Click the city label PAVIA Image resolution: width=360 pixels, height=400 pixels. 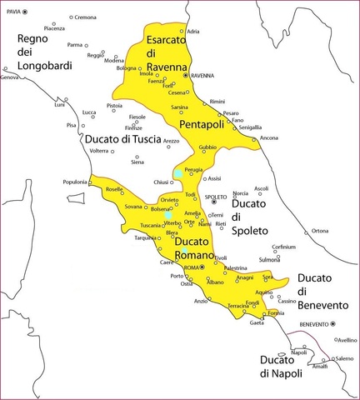click(x=11, y=12)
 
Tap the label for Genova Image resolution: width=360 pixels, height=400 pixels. click(x=9, y=77)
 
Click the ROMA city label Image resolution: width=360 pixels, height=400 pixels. click(x=192, y=267)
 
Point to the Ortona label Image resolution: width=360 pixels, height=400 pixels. click(x=320, y=231)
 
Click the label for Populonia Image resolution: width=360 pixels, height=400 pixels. click(x=74, y=182)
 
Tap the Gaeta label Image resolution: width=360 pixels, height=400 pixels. click(x=257, y=322)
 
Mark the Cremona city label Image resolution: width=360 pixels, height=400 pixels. click(x=85, y=17)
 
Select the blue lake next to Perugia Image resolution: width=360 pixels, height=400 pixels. click(x=178, y=174)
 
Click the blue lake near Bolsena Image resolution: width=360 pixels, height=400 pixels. click(x=167, y=215)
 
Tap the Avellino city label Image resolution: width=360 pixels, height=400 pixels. click(x=347, y=340)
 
